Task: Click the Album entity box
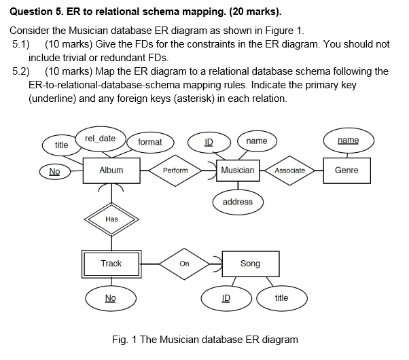(x=111, y=170)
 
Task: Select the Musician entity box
(x=238, y=170)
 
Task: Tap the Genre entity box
(x=346, y=170)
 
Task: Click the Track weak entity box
(x=111, y=263)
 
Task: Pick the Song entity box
(x=249, y=263)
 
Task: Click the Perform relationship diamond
(x=175, y=170)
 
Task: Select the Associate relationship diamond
(x=290, y=170)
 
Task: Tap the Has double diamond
(x=111, y=219)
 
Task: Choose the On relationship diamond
(x=184, y=263)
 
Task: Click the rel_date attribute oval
(x=100, y=139)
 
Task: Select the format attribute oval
(x=149, y=142)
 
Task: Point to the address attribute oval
(x=238, y=202)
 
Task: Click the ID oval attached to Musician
(x=209, y=141)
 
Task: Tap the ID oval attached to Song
(x=226, y=298)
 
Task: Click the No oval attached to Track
(x=111, y=298)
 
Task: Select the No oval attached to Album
(x=54, y=172)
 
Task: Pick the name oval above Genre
(x=348, y=140)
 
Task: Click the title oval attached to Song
(x=281, y=298)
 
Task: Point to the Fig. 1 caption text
(x=204, y=339)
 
